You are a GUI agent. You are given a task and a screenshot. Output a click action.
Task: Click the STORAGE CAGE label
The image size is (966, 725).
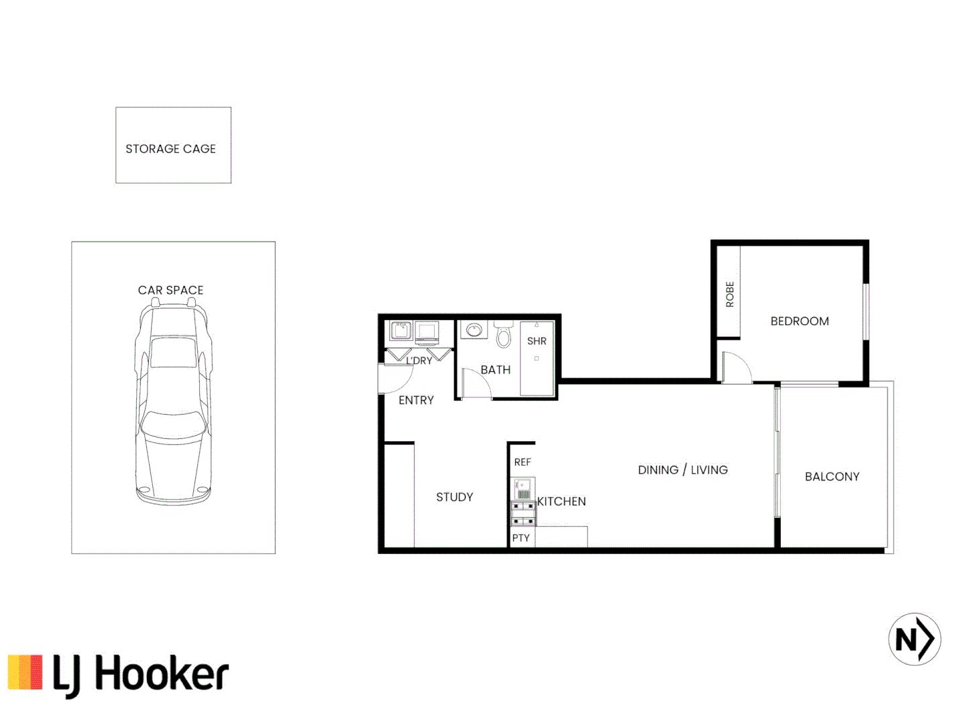170,149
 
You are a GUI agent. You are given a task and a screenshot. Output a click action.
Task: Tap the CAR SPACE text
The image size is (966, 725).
170,290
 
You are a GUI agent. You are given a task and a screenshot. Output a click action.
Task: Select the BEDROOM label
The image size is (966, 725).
800,322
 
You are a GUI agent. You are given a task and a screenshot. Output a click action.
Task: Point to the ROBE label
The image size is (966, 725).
730,295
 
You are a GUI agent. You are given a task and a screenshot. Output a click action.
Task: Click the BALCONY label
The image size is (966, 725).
832,477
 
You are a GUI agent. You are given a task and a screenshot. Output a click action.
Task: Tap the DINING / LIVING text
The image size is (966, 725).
682,470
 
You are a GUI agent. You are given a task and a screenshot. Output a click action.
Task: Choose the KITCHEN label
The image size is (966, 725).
561,501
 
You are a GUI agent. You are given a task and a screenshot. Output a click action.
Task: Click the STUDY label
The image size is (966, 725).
454,497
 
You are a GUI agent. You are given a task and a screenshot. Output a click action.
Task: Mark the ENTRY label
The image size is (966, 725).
416,400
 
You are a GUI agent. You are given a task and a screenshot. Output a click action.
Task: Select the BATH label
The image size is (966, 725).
495,370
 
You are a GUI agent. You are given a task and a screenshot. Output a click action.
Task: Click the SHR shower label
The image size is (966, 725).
537,341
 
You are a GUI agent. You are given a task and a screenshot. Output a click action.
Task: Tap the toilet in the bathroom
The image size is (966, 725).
504,334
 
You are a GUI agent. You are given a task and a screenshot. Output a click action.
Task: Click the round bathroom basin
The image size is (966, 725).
474,330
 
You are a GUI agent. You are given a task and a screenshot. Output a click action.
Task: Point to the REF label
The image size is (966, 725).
523,463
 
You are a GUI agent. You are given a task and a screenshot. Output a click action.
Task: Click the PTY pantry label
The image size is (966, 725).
521,538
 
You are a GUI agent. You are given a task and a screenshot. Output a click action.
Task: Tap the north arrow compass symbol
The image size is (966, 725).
914,639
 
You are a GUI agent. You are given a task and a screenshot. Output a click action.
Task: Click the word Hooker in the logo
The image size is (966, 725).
162,675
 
